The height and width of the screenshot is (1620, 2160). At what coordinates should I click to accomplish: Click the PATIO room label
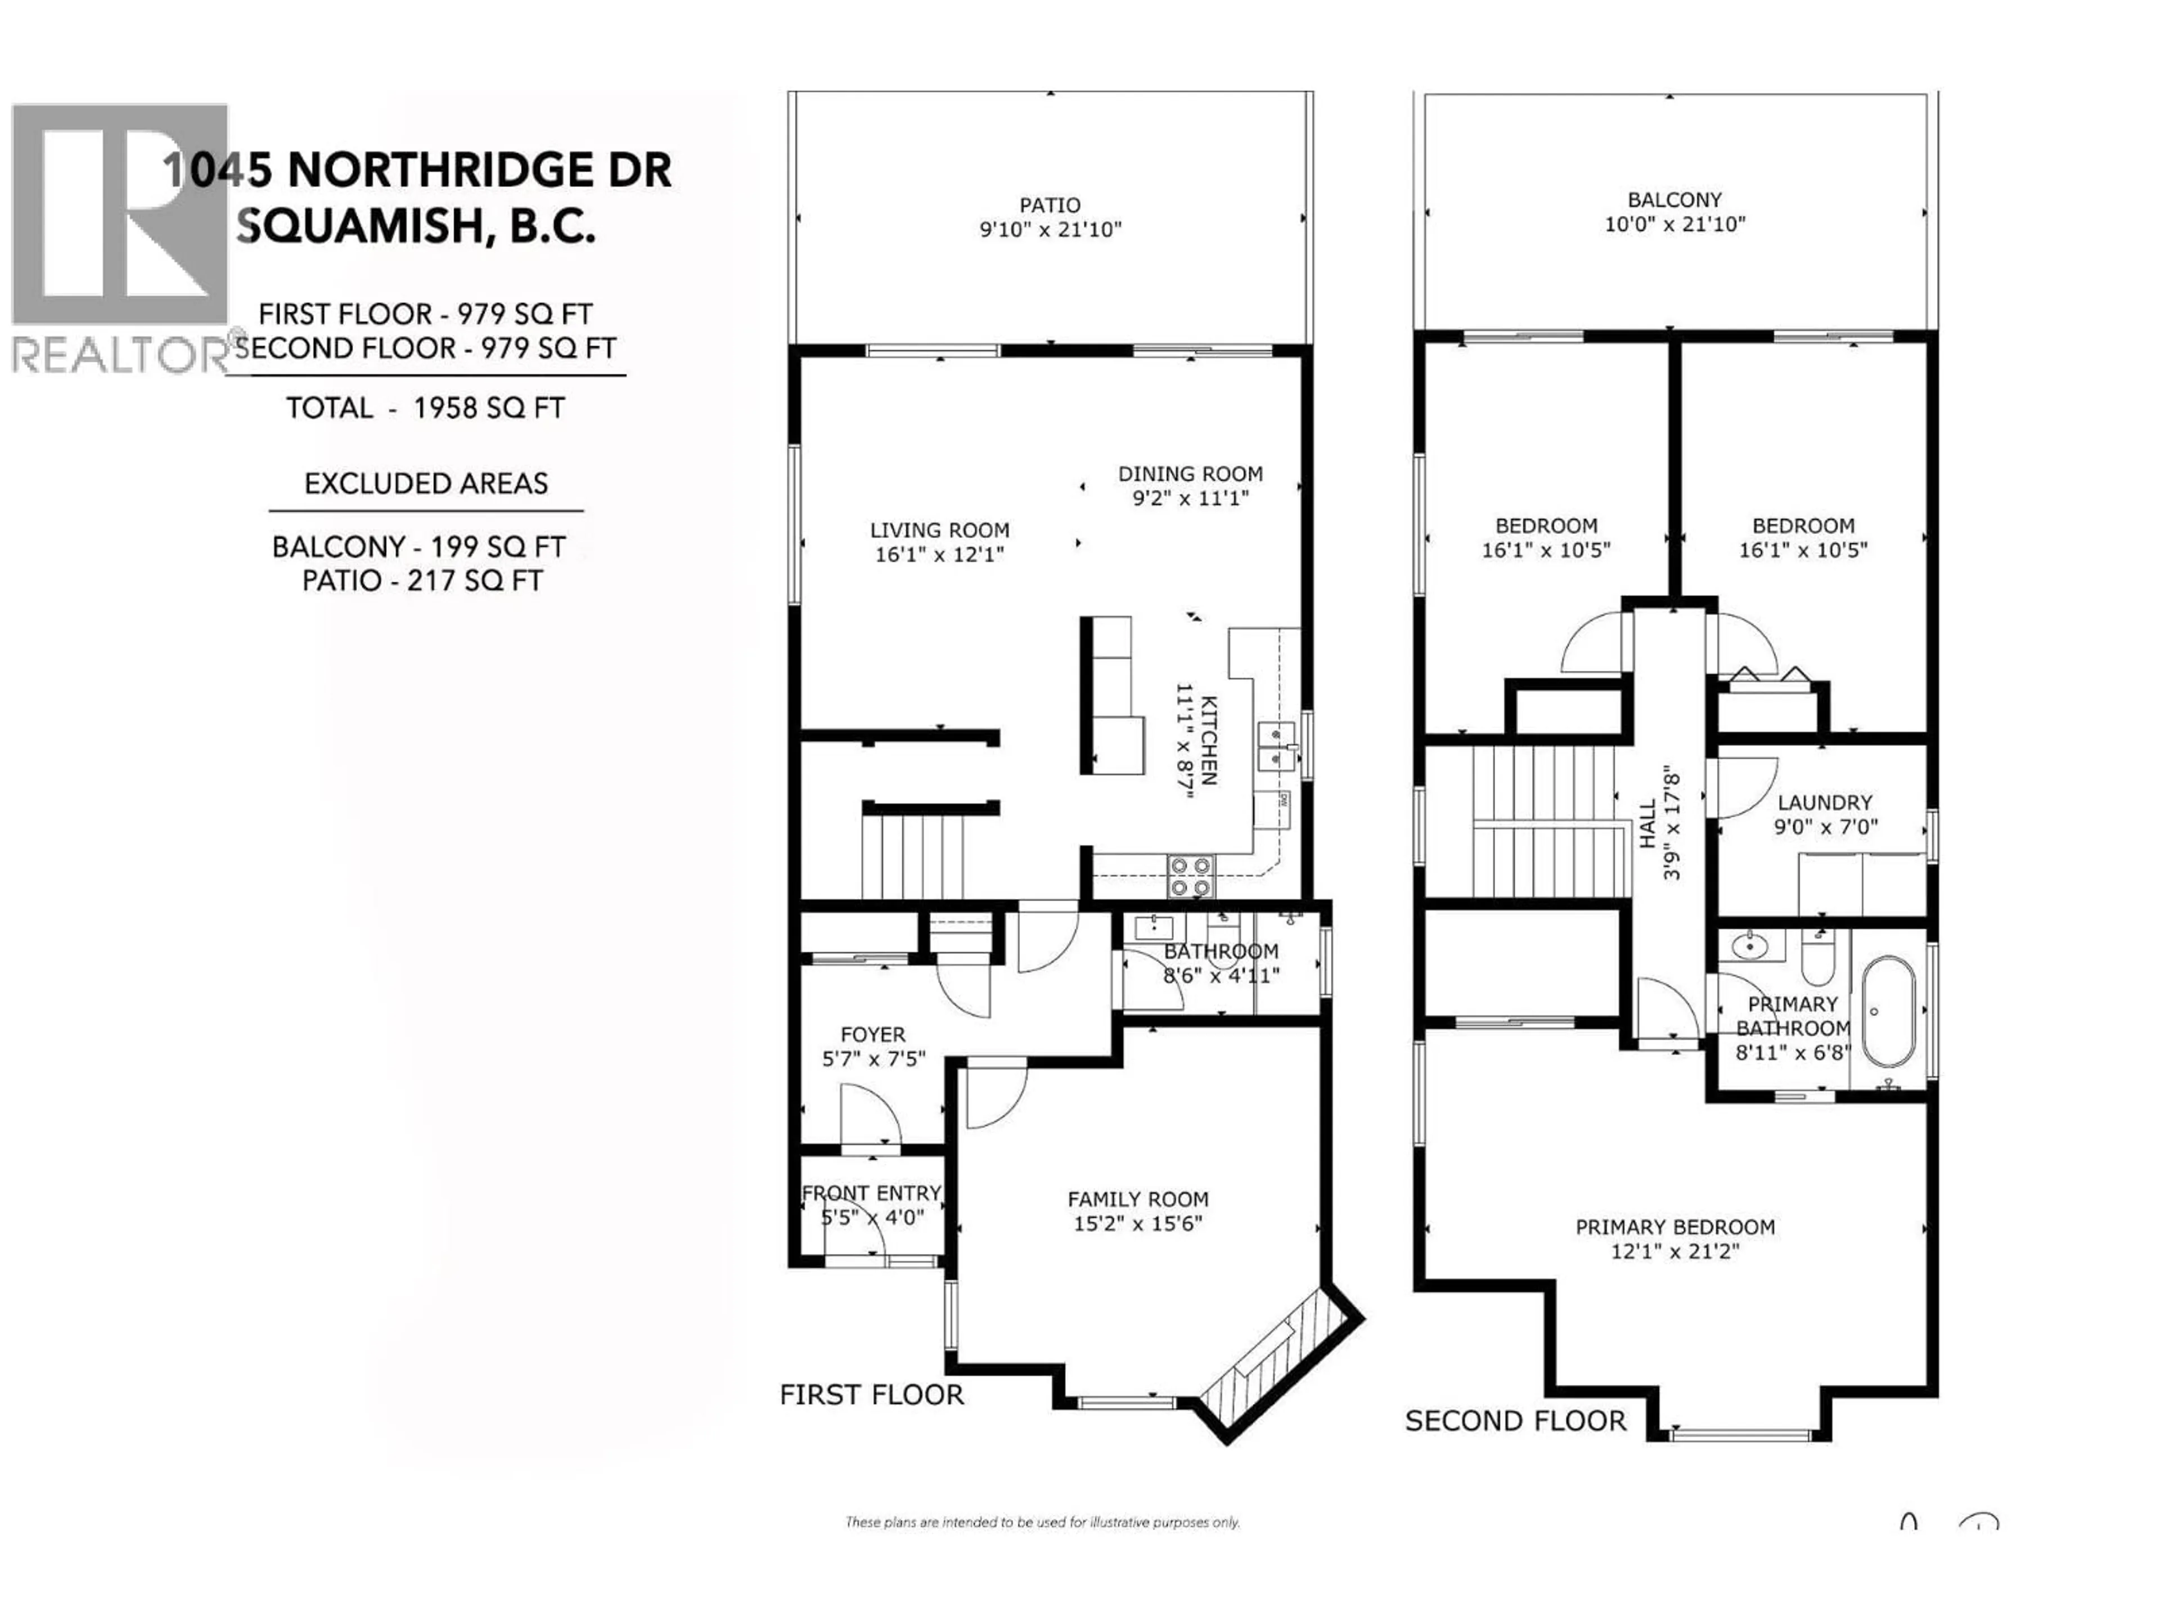point(1050,205)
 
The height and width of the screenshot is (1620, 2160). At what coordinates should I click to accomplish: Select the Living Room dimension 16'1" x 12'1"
point(939,555)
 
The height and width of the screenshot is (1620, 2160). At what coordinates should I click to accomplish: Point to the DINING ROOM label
point(1190,474)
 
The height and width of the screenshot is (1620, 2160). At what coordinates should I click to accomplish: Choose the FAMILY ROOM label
point(1137,1199)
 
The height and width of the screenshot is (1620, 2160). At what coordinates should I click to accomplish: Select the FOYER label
point(873,1034)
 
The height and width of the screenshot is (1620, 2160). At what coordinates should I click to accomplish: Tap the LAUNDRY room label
point(1824,803)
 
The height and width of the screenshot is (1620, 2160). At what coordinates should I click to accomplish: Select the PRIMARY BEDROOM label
point(1675,1226)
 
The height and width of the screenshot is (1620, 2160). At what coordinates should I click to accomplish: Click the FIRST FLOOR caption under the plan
point(871,1394)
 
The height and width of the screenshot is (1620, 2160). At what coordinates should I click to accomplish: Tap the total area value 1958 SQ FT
point(488,408)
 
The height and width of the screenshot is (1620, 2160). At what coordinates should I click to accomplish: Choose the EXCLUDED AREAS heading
point(426,483)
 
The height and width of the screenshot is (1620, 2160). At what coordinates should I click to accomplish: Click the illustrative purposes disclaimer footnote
point(1042,1522)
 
